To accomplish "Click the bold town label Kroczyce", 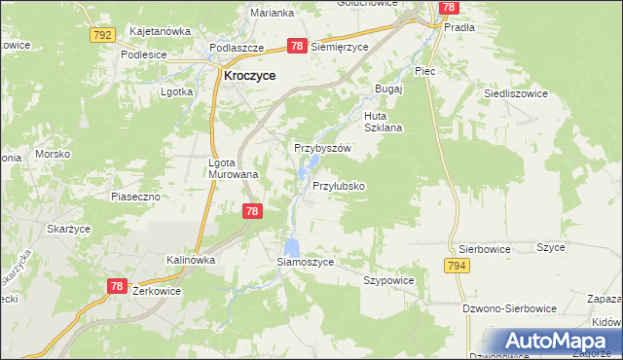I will (249, 75).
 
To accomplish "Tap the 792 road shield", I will (102, 35).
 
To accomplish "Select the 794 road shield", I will (455, 266).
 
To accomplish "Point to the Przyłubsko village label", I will (339, 186).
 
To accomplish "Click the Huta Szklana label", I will (383, 122).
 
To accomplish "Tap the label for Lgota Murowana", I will (234, 168).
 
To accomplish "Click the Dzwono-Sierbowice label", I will (509, 307).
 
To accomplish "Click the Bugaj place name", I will (389, 89).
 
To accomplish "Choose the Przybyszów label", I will (322, 148).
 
